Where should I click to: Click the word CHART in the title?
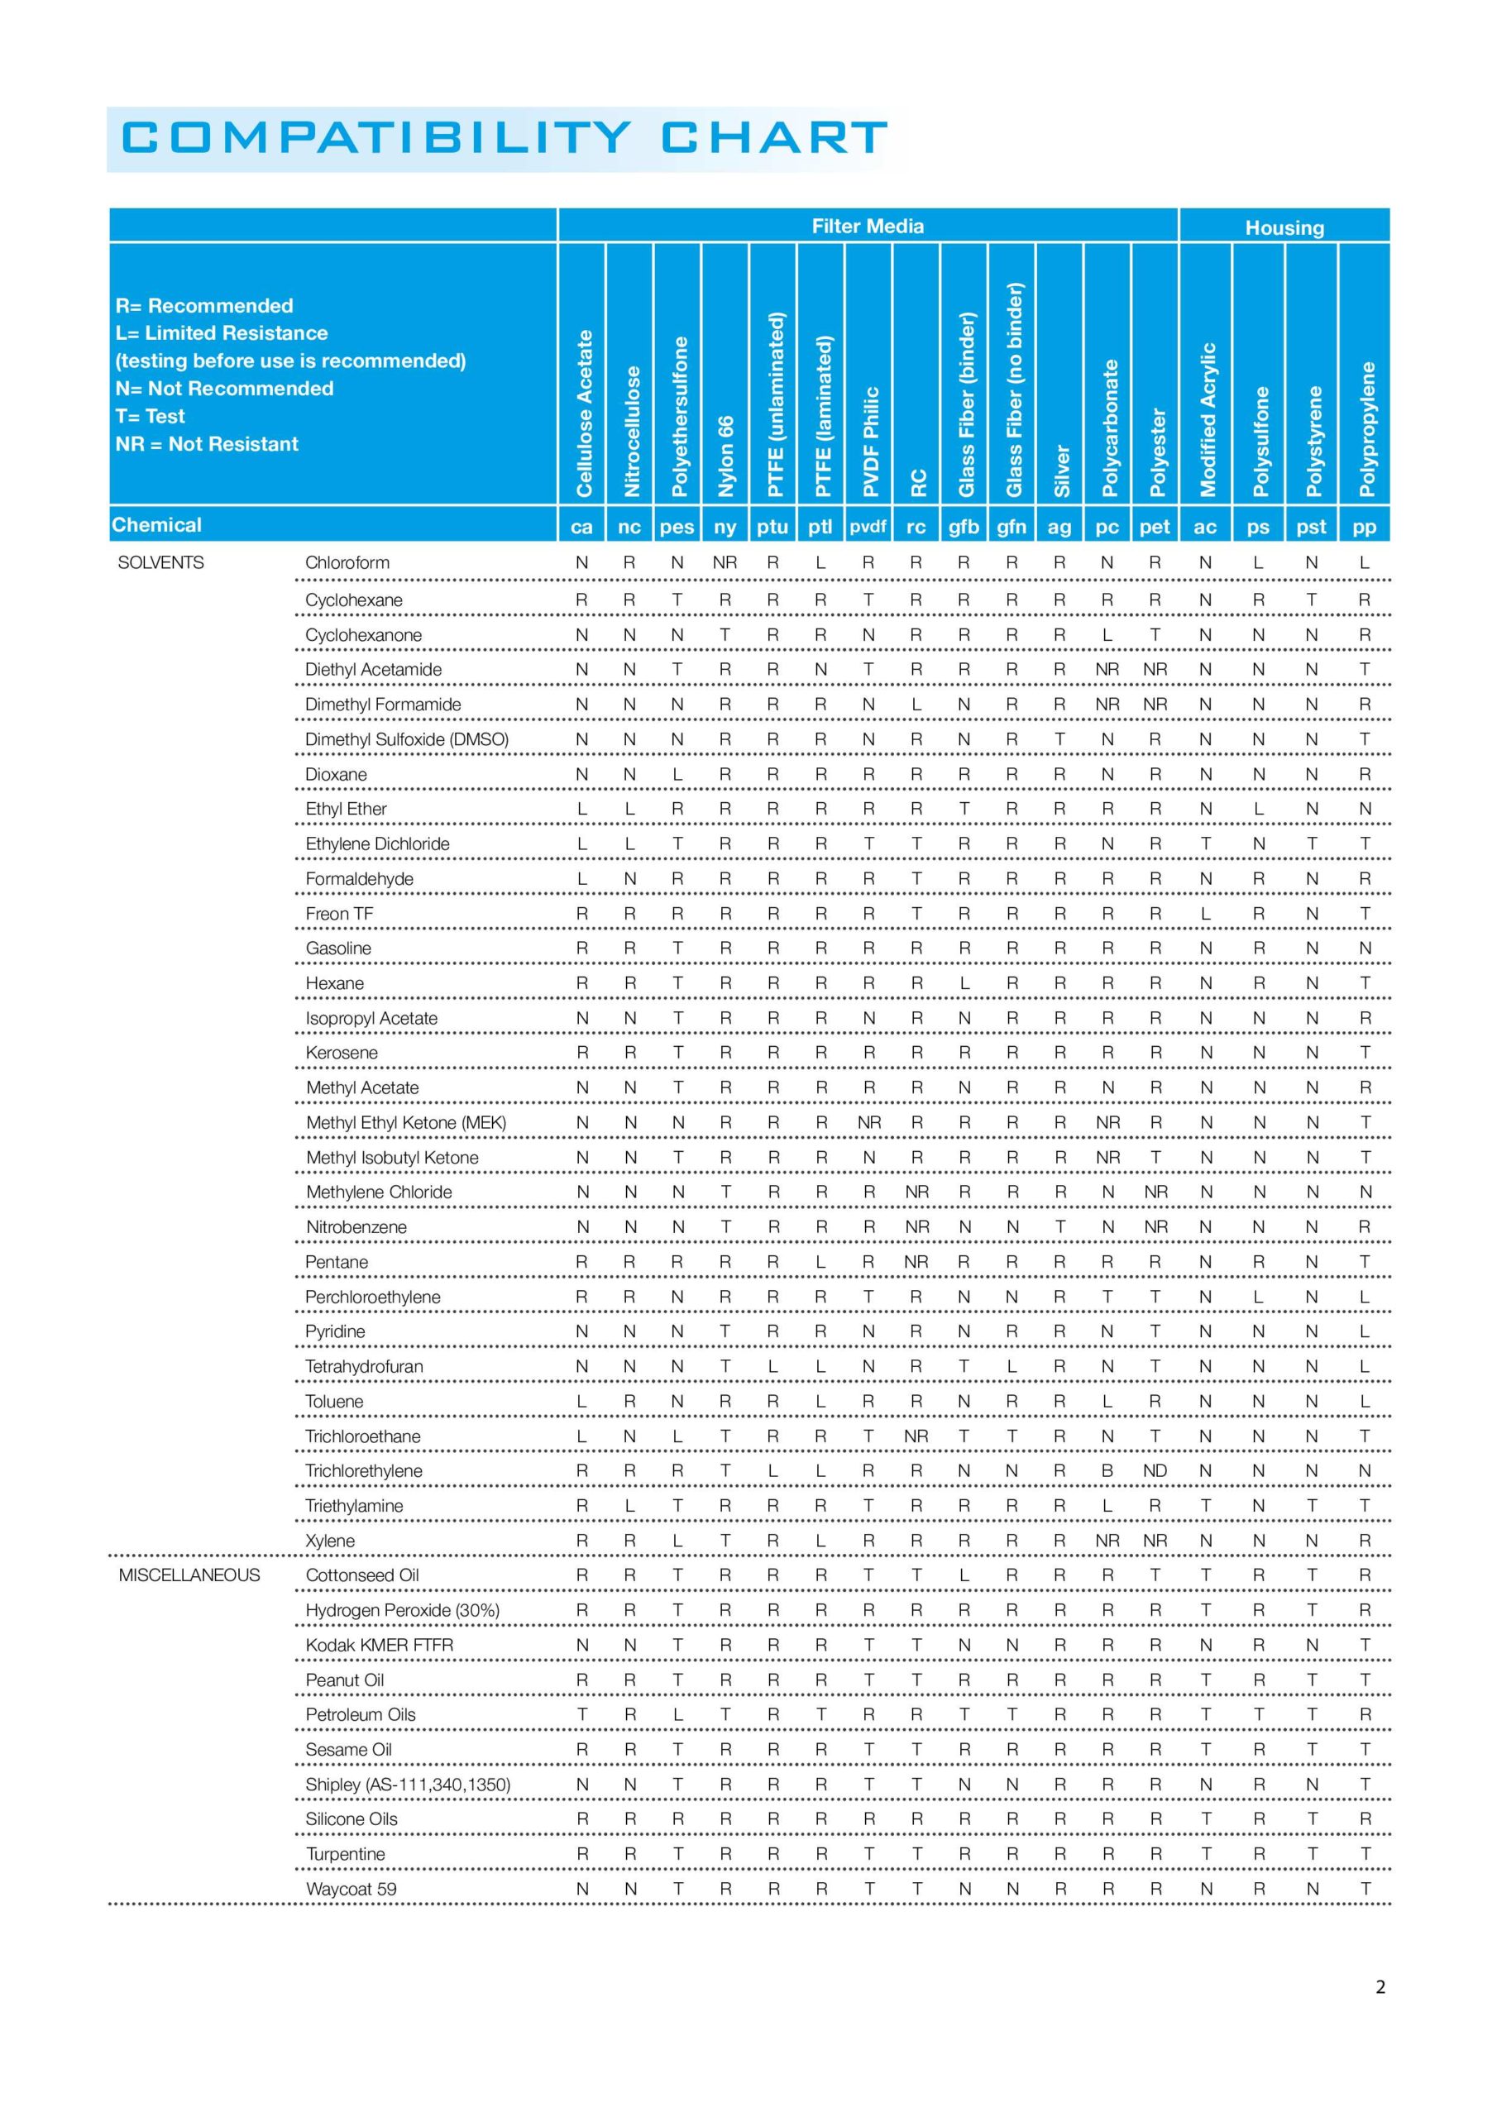pyautogui.click(x=774, y=138)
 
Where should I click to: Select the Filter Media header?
pyautogui.click(x=867, y=226)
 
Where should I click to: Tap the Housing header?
pyautogui.click(x=1284, y=227)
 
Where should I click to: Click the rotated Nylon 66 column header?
pyautogui.click(x=726, y=456)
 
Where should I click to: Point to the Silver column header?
pyautogui.click(x=1061, y=471)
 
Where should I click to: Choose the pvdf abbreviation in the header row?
pyautogui.click(x=867, y=527)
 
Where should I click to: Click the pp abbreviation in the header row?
pyautogui.click(x=1363, y=527)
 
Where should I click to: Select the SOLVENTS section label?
pyautogui.click(x=160, y=562)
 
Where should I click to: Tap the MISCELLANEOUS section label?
pyautogui.click(x=189, y=1575)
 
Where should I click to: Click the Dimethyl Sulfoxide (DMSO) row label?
pyautogui.click(x=407, y=738)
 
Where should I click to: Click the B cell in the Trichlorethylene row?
pyautogui.click(x=1107, y=1470)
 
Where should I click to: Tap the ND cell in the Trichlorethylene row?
pyautogui.click(x=1155, y=1470)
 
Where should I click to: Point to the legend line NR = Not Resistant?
pyautogui.click(x=207, y=443)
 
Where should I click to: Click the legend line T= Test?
pyautogui.click(x=150, y=416)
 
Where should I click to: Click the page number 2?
pyautogui.click(x=1380, y=1986)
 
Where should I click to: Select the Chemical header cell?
pyautogui.click(x=157, y=524)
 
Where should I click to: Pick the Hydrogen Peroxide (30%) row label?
pyautogui.click(x=402, y=1610)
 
